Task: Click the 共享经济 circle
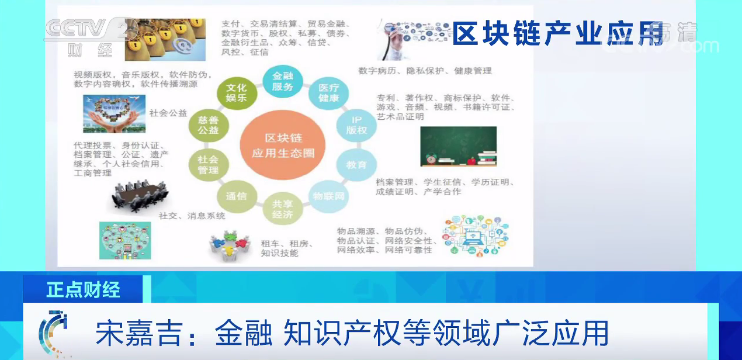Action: (283, 207)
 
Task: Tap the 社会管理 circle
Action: (208, 163)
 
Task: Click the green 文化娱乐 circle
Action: (235, 92)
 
